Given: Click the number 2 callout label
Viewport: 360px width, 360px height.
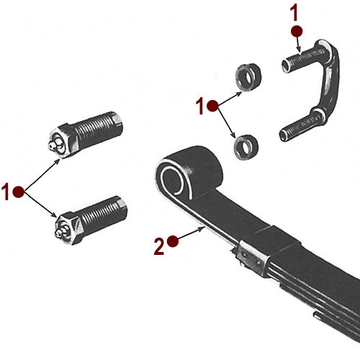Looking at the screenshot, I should [x=158, y=247].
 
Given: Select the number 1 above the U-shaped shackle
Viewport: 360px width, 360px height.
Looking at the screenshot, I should [x=293, y=12].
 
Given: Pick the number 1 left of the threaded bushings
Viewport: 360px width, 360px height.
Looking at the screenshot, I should [x=6, y=192].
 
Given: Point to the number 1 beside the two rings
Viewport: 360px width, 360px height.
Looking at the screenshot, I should [x=200, y=107].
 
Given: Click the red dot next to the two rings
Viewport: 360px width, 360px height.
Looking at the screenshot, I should [x=212, y=106].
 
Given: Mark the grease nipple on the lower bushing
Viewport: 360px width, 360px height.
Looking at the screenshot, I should [x=59, y=231].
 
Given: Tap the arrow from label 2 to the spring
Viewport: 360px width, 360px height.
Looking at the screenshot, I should [x=191, y=235].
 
